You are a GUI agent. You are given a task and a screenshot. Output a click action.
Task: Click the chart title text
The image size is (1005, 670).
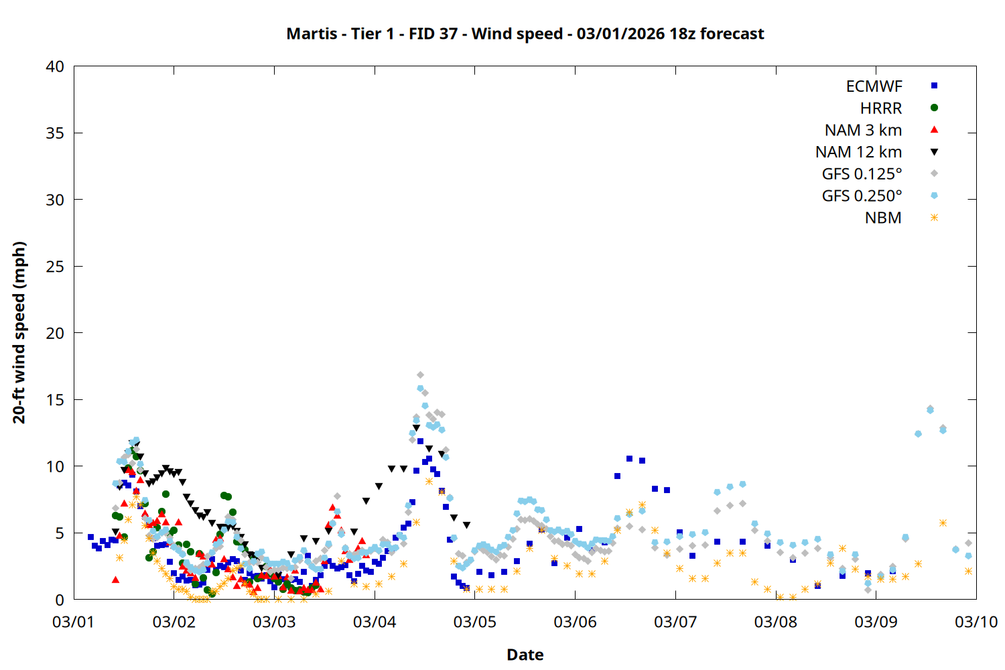tap(525, 33)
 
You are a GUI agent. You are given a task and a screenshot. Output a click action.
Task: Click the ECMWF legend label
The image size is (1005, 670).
tap(874, 86)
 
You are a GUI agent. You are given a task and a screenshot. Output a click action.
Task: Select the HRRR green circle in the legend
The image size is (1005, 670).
tap(934, 108)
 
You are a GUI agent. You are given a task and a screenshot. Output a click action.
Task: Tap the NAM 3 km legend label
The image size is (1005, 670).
tap(863, 130)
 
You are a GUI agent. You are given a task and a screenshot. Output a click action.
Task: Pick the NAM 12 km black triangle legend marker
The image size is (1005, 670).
tap(934, 152)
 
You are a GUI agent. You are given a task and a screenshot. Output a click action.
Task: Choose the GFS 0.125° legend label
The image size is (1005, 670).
tap(862, 174)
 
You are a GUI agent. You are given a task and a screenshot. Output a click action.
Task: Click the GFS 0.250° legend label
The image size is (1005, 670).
tap(862, 196)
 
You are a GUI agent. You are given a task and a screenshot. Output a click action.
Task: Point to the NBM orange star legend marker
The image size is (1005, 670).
tap(934, 218)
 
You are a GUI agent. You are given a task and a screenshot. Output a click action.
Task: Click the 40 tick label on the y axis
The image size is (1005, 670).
tap(55, 66)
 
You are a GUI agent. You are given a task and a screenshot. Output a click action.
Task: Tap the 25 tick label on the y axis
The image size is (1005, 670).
tap(55, 267)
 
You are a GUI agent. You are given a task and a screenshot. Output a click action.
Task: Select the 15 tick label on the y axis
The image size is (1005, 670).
tap(55, 400)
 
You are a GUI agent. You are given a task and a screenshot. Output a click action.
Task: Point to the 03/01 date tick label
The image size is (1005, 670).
tap(74, 622)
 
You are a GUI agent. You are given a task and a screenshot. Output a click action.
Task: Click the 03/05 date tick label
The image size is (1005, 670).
tap(475, 622)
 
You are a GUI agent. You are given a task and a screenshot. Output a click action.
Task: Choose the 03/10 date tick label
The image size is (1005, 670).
tap(976, 622)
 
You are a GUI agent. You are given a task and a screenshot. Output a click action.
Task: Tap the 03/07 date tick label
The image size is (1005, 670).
tap(675, 622)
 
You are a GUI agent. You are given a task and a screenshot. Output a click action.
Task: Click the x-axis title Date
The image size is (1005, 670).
tap(525, 655)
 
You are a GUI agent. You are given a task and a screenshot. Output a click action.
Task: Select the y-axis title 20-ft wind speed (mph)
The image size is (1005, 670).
tap(19, 332)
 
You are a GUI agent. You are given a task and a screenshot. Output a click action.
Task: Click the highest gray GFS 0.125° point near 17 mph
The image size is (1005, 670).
tap(420, 375)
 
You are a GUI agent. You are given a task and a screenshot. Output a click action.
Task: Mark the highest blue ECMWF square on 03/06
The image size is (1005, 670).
tap(629, 459)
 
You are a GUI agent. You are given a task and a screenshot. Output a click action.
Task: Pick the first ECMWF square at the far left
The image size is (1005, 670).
tap(90, 537)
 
